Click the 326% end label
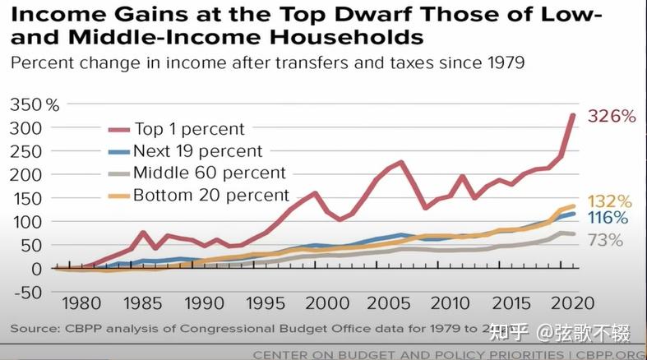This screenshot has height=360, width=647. coord(612,117)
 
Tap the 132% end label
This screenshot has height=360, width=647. coord(610,202)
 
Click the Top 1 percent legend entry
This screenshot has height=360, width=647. coord(188,129)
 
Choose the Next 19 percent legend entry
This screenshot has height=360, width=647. coord(197,151)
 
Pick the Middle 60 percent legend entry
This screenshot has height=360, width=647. coord(209,173)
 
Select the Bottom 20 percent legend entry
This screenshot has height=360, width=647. coord(210,196)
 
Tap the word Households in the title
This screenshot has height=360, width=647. coord(345,37)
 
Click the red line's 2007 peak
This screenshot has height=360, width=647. coord(401,163)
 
